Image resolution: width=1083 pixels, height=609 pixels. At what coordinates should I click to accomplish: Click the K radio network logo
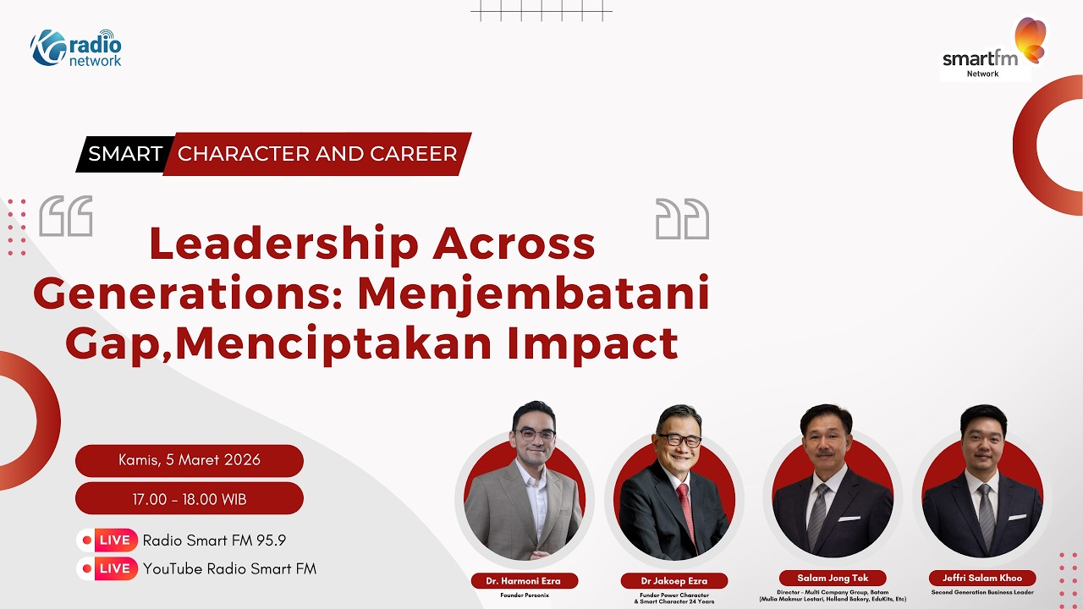click(76, 48)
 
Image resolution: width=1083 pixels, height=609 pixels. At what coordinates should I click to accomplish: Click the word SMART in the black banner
click(125, 154)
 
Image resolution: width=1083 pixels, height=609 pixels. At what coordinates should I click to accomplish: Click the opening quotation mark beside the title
click(66, 217)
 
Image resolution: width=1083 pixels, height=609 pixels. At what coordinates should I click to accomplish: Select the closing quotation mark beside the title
click(682, 219)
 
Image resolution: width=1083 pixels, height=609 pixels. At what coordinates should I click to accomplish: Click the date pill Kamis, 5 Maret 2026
click(190, 461)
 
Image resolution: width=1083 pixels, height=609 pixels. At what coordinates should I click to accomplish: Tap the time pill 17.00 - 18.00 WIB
click(190, 499)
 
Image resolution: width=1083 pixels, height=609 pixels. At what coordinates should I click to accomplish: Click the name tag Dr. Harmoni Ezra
click(525, 581)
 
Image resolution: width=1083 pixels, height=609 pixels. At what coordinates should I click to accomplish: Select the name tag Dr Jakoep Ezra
click(673, 581)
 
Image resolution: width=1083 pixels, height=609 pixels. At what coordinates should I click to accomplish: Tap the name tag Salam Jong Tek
click(833, 579)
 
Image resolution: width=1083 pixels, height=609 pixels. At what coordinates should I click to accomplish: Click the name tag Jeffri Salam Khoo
click(981, 579)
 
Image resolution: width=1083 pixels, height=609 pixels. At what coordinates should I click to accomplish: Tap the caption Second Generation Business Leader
click(981, 592)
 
